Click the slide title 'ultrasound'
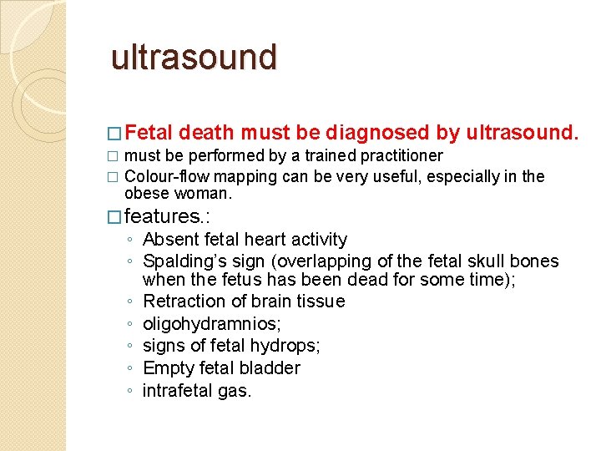coord(194,57)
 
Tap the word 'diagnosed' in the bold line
coord(378,132)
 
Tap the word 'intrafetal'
coord(176,390)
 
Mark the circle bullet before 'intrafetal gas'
coord(130,391)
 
